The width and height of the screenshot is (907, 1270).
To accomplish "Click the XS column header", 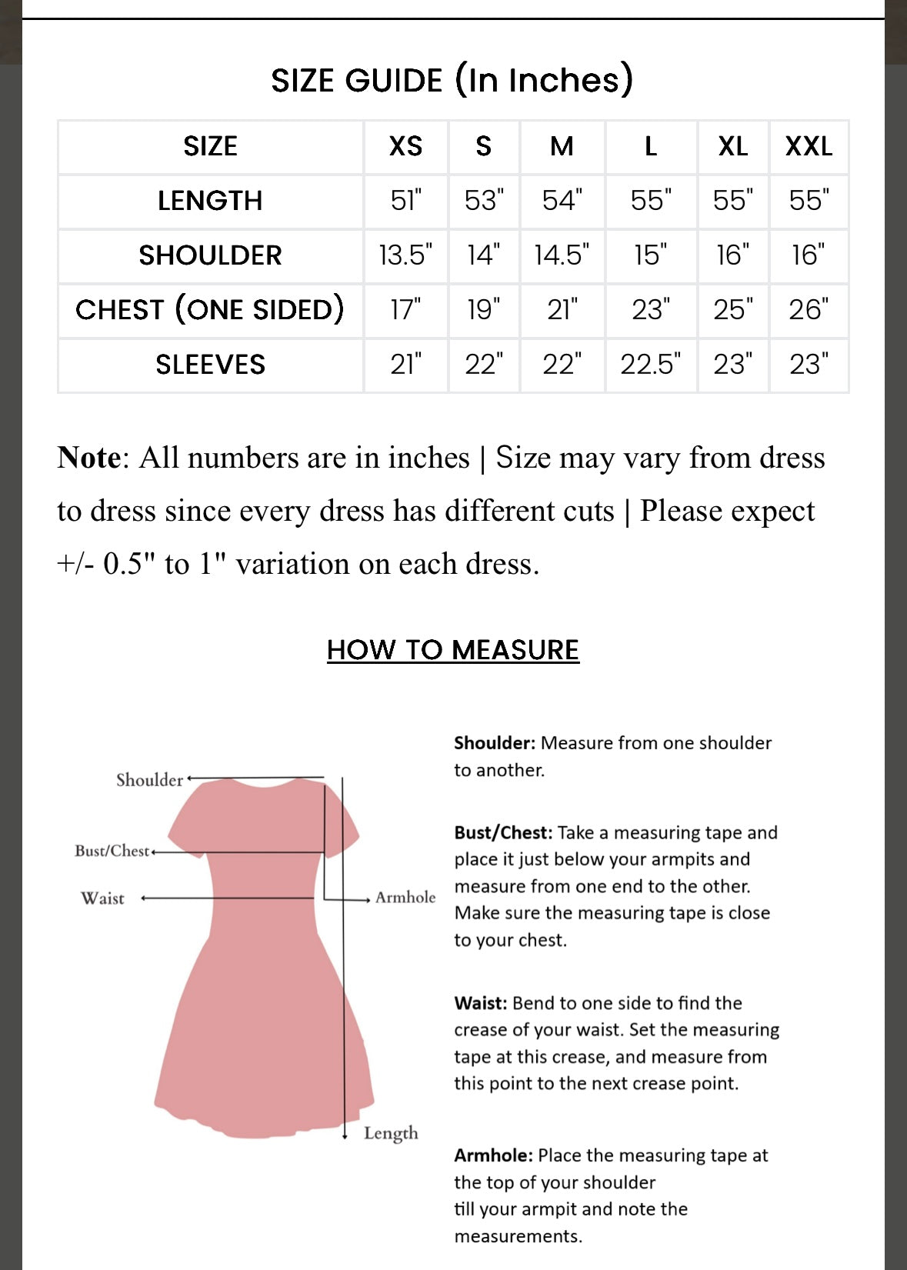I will coord(405,146).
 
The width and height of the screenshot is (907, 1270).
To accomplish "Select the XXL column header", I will coord(809,146).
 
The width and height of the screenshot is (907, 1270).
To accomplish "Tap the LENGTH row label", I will coord(210,201).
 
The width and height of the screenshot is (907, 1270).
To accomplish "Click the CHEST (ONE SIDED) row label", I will coord(210,310).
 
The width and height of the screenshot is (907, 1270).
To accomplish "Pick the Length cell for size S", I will coord(484,201).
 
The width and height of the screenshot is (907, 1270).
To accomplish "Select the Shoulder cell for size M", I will coord(562,255).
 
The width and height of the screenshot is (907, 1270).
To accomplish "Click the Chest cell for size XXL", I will coord(809,310).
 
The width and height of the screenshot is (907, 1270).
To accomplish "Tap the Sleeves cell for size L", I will coord(651,365).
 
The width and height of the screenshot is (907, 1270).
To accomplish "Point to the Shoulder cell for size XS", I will coord(405,255).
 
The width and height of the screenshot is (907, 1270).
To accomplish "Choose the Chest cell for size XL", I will coord(732,310).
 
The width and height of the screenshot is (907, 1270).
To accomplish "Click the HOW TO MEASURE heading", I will coord(452,650).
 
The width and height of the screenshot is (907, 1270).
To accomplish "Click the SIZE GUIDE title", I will coord(452,80).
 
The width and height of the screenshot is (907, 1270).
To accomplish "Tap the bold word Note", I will coord(88,458).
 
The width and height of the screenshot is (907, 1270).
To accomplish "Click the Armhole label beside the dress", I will coord(405,898).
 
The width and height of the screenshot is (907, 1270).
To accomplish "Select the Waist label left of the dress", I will coord(102,898).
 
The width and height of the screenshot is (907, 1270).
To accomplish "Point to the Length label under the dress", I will coord(391,1133).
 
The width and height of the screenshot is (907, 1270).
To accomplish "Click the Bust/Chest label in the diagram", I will coord(112,851).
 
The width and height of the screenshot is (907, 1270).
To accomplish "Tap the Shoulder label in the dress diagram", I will coord(149,780).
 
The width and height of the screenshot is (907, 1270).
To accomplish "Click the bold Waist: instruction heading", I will coord(480,1003).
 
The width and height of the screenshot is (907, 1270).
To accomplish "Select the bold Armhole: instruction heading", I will coord(493,1155).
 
